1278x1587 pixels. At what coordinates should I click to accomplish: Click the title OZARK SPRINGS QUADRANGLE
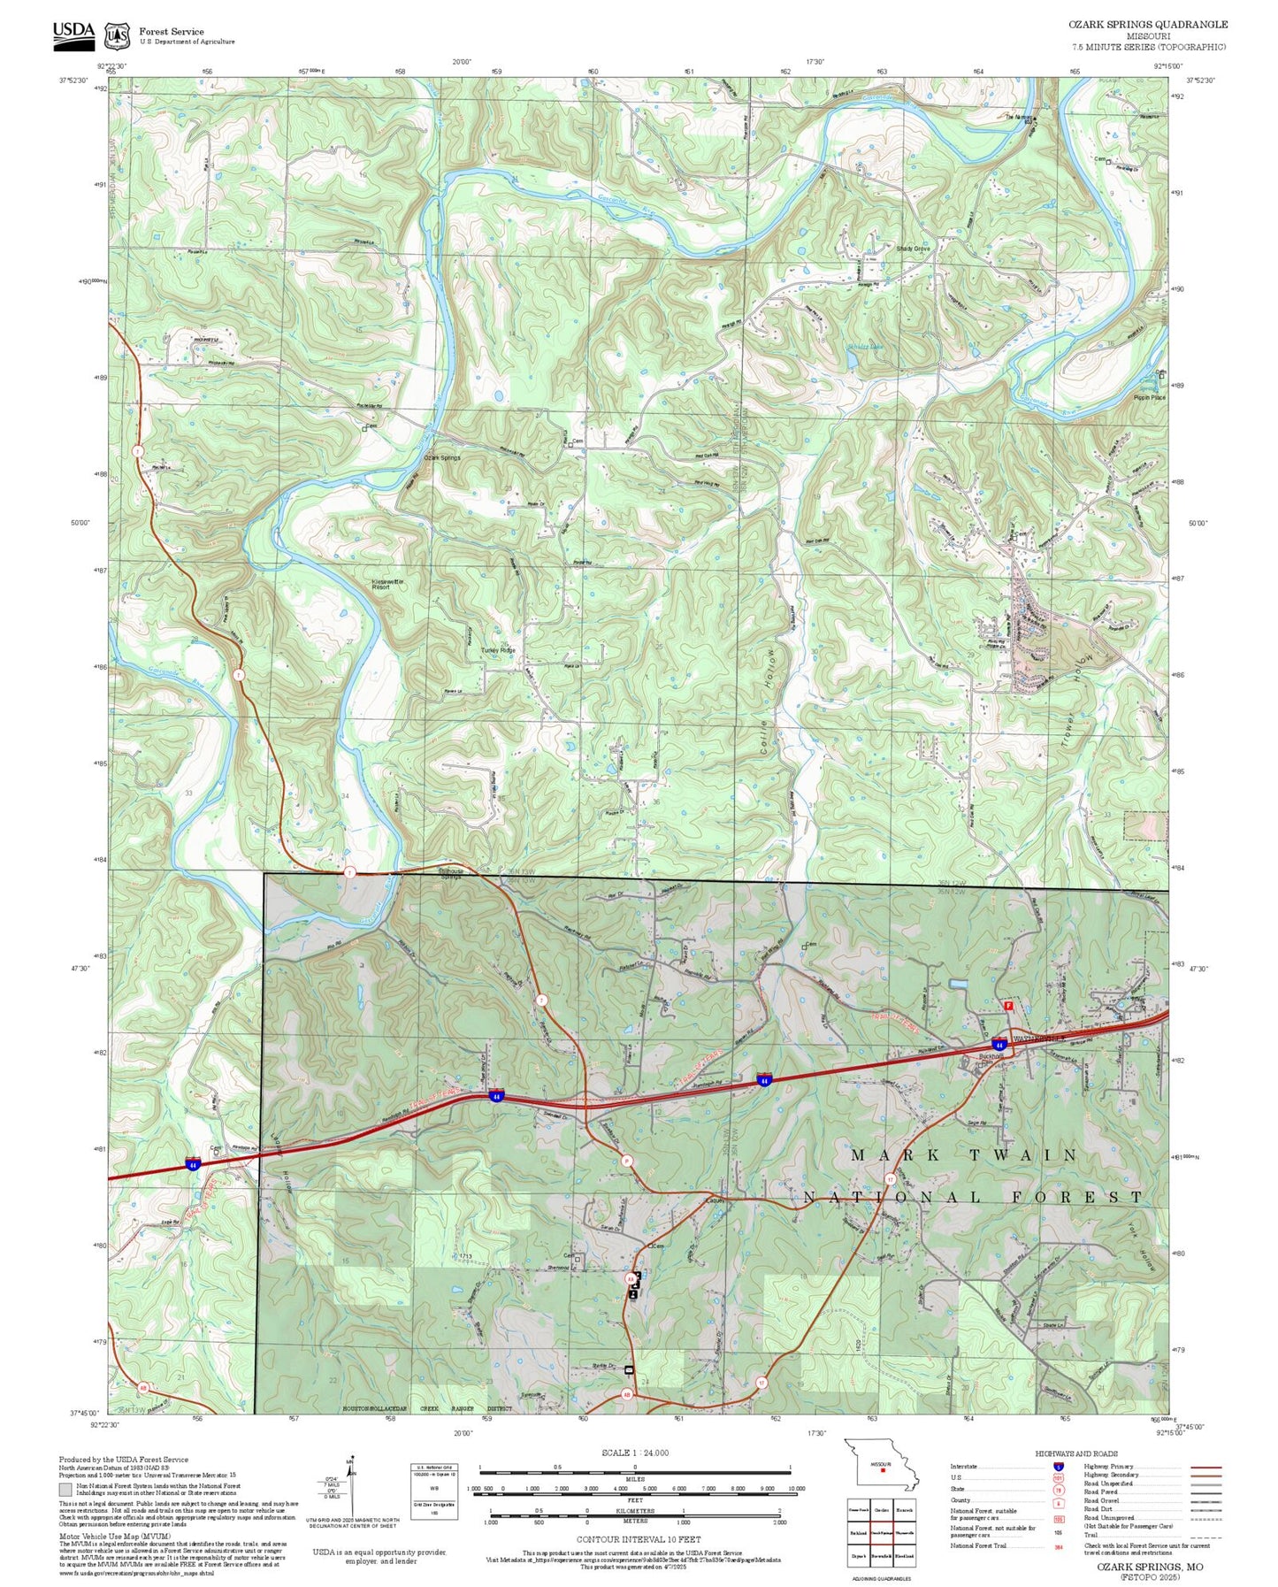coord(1147,25)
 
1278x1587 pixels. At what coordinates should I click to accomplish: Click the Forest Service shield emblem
coord(117,36)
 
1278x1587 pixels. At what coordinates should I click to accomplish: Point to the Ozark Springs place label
coord(441,457)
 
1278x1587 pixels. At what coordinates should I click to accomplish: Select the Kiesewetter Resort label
coord(387,584)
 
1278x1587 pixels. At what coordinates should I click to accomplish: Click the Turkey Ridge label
coord(497,650)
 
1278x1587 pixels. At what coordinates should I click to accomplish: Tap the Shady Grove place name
coord(913,249)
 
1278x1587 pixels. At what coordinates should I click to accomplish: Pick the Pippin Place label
coord(1149,398)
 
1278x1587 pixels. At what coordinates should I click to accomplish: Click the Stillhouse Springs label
coord(451,873)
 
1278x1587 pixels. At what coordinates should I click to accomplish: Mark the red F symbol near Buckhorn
coord(1007,1006)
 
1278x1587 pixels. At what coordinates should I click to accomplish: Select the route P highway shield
coord(626,1161)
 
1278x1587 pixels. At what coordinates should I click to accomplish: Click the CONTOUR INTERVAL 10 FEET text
coord(638,1540)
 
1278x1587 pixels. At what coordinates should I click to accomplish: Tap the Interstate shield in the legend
coord(1059,1467)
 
